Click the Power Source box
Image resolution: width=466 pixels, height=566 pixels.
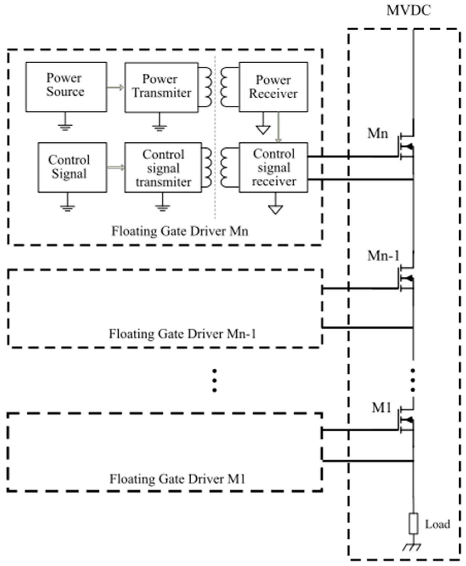coord(66,87)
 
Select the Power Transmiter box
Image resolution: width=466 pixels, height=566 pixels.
coord(161,87)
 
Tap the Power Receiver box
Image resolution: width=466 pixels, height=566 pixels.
coord(273,87)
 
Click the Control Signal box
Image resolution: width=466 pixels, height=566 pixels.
coord(72,167)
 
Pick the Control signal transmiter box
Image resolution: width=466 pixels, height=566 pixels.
coord(163,167)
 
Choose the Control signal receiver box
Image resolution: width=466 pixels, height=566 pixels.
coord(273,167)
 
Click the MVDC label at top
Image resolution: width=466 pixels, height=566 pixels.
coord(409,11)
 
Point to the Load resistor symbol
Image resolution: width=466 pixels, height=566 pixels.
coord(413,524)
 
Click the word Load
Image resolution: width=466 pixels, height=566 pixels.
coord(437,524)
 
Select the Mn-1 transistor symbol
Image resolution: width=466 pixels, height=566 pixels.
coord(406,278)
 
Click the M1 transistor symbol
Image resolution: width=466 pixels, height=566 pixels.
coord(406,420)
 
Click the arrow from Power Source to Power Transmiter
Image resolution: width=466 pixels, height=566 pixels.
coord(115,88)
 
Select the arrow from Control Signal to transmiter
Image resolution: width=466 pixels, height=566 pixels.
coord(116,167)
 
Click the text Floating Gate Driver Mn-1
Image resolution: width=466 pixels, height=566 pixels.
coord(182,334)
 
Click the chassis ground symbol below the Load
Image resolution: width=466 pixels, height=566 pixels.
coord(412,547)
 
